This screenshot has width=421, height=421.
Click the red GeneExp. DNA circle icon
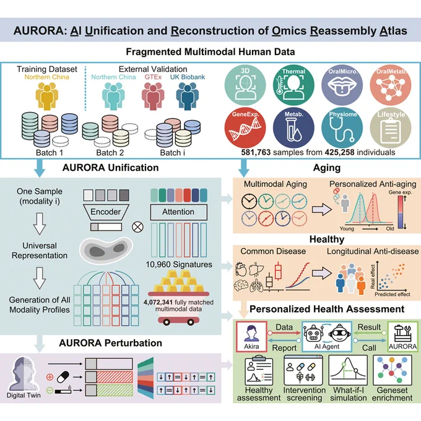coord(245,128)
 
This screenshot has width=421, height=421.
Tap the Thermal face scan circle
coord(293,85)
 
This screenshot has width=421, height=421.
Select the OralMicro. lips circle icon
coord(342,85)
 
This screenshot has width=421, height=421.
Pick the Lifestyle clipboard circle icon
coord(391,128)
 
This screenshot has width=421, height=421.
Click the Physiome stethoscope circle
coord(342,128)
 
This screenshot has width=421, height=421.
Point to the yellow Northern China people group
coord(46,96)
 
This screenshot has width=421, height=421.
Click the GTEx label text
coord(153,77)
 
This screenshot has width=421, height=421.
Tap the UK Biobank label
coord(188,77)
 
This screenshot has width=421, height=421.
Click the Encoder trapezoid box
coord(106,212)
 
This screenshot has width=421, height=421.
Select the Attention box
coord(178,212)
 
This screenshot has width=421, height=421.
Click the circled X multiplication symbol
coord(137,227)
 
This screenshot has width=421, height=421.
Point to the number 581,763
coord(256,152)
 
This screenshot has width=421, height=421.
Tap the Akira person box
coord(251,337)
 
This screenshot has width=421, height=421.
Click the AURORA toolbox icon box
coord(403,337)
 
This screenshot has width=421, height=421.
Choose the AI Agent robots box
coord(327,337)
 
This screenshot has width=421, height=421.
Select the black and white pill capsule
coord(63,377)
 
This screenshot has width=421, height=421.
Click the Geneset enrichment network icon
coord(392,370)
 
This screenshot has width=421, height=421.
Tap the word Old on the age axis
coord(390,228)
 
